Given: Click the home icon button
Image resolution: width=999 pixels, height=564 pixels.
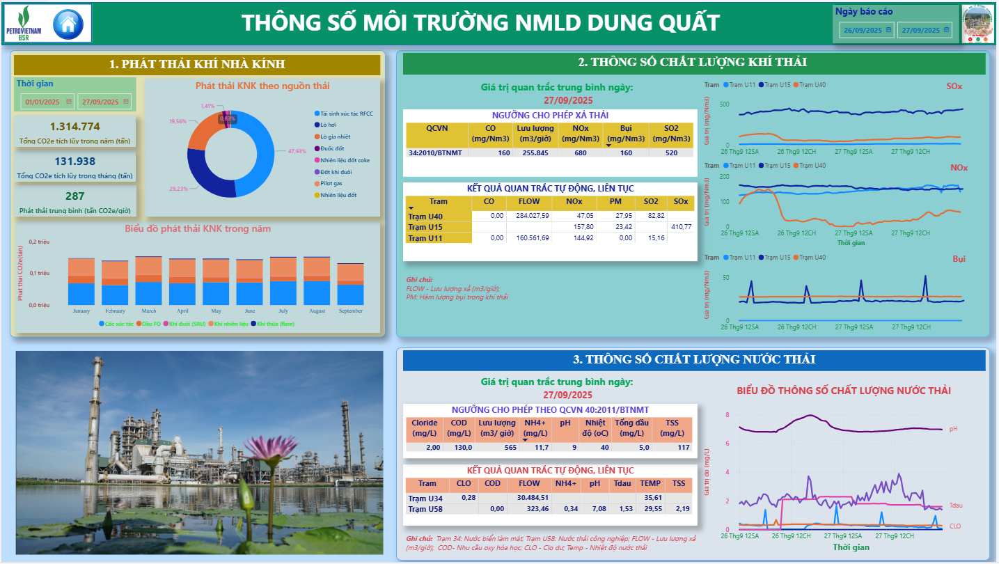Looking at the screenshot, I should (68, 24).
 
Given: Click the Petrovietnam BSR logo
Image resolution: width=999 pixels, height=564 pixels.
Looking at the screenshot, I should (26, 24).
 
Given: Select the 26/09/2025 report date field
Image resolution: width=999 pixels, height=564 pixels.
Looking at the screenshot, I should (865, 30).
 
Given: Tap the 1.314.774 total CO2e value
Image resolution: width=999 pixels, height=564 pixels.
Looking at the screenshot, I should (75, 126).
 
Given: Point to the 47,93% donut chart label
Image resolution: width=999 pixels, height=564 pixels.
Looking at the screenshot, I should (297, 151).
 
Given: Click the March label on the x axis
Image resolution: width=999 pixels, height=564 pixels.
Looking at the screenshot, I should (149, 311).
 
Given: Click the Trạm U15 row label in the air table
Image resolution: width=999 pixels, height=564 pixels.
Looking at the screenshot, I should (426, 227).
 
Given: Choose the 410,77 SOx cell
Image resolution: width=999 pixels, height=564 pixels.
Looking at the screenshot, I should (680, 227).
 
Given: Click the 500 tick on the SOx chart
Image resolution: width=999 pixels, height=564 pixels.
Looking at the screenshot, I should (724, 104).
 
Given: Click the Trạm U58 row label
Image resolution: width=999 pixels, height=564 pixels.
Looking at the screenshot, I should (426, 509).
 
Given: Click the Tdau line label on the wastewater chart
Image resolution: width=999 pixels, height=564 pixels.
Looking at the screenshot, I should (955, 505).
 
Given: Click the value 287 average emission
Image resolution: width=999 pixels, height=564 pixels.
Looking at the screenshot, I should (75, 196).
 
